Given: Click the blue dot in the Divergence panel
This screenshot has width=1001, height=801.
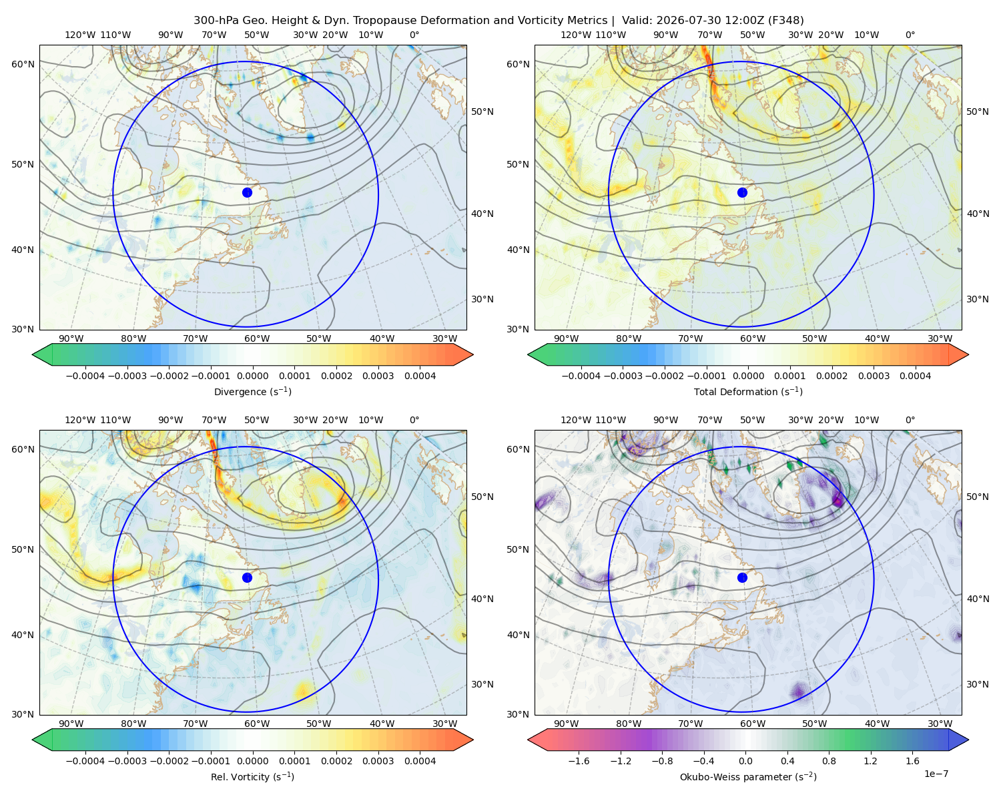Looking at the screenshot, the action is (247, 192).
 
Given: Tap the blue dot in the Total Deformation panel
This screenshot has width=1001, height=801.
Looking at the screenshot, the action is (742, 192).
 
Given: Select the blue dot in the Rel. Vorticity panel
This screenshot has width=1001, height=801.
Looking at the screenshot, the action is (247, 577).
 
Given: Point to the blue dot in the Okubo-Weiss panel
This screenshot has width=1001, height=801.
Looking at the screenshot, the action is (742, 577).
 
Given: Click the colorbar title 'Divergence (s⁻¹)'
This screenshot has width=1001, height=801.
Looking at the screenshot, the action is (252, 391).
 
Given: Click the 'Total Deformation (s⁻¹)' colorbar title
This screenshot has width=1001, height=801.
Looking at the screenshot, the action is (748, 391).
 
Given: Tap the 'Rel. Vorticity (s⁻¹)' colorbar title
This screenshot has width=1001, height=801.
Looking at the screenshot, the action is (252, 776).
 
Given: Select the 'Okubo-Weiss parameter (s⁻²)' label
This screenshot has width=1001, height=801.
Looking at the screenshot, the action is (748, 776).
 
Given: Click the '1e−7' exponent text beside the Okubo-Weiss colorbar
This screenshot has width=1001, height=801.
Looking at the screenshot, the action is (936, 774).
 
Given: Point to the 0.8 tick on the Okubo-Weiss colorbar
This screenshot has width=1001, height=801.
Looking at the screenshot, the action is (829, 761).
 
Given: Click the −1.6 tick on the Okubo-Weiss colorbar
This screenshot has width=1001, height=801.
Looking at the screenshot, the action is (579, 761).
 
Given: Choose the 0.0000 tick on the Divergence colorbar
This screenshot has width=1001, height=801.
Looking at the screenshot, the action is (252, 376).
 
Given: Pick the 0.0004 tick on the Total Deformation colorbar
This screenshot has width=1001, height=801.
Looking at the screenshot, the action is (915, 376).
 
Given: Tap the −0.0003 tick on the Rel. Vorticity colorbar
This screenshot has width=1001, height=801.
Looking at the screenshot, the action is (127, 761).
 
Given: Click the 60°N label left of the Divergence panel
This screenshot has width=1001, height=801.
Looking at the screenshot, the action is (23, 64).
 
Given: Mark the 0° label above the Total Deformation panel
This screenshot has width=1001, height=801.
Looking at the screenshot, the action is (910, 35).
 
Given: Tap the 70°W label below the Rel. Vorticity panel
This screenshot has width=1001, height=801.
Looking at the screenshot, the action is (195, 724).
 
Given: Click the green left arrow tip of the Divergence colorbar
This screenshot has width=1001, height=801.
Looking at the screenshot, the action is (33, 354).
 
